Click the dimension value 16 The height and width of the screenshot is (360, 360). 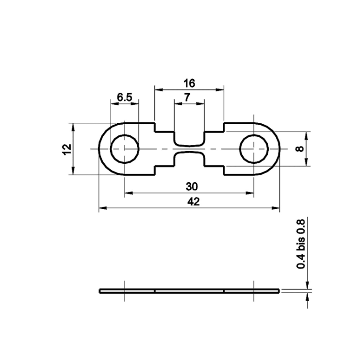click(x=189, y=83)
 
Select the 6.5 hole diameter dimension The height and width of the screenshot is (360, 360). click(x=124, y=97)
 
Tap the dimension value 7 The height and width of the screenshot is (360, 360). click(x=189, y=97)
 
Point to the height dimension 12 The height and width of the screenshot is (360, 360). click(x=66, y=148)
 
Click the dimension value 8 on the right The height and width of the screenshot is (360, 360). click(x=301, y=148)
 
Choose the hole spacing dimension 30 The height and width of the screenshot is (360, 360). click(x=189, y=186)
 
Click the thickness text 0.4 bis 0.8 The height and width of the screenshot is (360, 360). click(x=301, y=244)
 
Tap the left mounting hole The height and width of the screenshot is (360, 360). click(x=125, y=148)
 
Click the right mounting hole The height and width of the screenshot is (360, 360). click(x=254, y=148)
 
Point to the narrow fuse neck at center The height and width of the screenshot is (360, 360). click(x=189, y=149)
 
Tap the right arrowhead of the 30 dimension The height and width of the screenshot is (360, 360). click(x=251, y=193)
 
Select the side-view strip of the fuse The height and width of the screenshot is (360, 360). click(x=189, y=291)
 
